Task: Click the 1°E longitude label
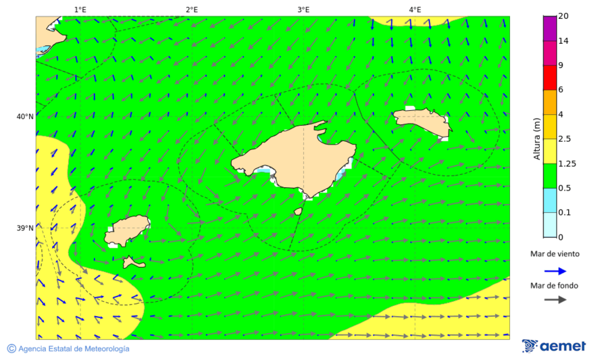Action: pos(80,9)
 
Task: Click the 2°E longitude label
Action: pos(191,9)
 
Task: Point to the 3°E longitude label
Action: pos(303,9)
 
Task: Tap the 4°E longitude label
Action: pos(415,9)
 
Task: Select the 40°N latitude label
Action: pos(25,117)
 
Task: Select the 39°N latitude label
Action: pos(25,228)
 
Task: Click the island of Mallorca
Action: pos(297,159)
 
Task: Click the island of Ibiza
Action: pos(127,230)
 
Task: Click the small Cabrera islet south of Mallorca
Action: pos(298,211)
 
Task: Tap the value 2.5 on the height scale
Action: pos(565,138)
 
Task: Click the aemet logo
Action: pos(554,346)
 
